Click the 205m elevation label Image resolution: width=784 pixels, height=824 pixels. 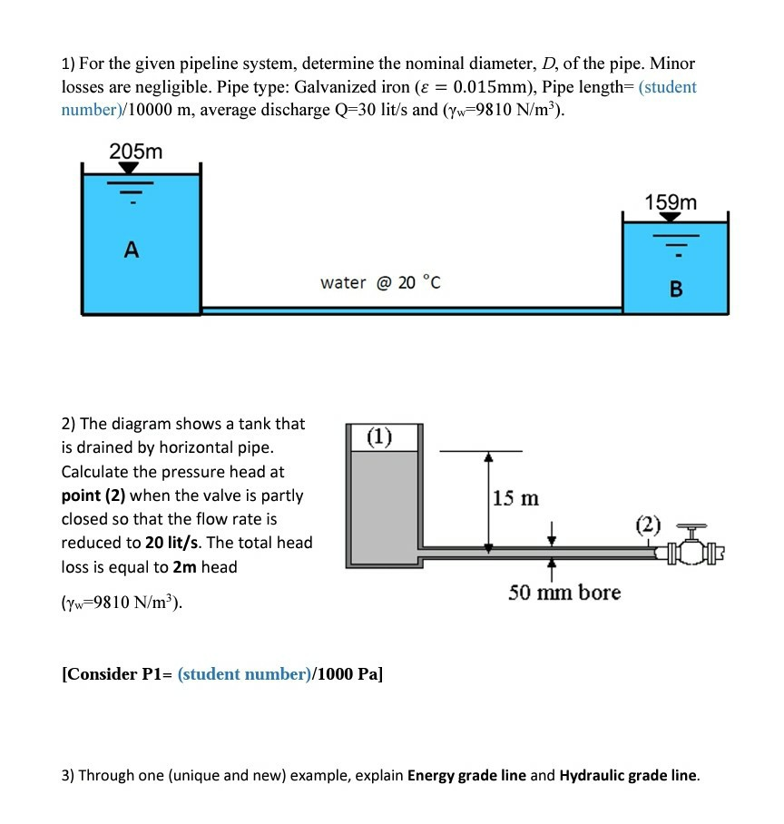coord(136,152)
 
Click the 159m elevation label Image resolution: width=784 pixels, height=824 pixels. coord(671,202)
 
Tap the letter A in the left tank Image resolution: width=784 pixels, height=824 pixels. coord(132,251)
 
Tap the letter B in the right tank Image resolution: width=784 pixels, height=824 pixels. coord(675,289)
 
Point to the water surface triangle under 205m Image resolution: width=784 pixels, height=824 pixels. coord(130,168)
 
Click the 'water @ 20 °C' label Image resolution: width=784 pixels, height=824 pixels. coord(380,282)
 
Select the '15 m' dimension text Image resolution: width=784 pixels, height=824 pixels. coord(515,498)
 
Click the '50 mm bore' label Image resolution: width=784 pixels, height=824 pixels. coord(564,593)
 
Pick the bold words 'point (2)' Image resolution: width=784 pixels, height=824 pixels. coord(101,495)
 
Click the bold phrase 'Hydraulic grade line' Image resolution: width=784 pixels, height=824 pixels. coord(629,776)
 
